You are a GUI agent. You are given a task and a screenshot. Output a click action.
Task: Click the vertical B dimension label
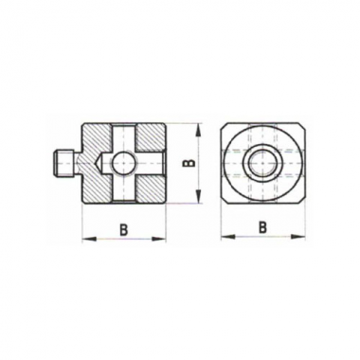tap(189, 163)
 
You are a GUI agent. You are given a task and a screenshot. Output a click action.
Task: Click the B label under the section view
tap(124, 229)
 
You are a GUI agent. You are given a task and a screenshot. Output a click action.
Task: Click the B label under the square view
tap(262, 227)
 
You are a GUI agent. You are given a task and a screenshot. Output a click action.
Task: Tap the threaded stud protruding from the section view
tap(63, 163)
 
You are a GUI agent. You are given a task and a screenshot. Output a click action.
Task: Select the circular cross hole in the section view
tap(122, 163)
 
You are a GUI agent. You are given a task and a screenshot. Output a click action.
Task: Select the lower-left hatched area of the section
tap(96, 189)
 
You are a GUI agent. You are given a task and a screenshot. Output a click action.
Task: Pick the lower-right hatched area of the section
tap(150, 189)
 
